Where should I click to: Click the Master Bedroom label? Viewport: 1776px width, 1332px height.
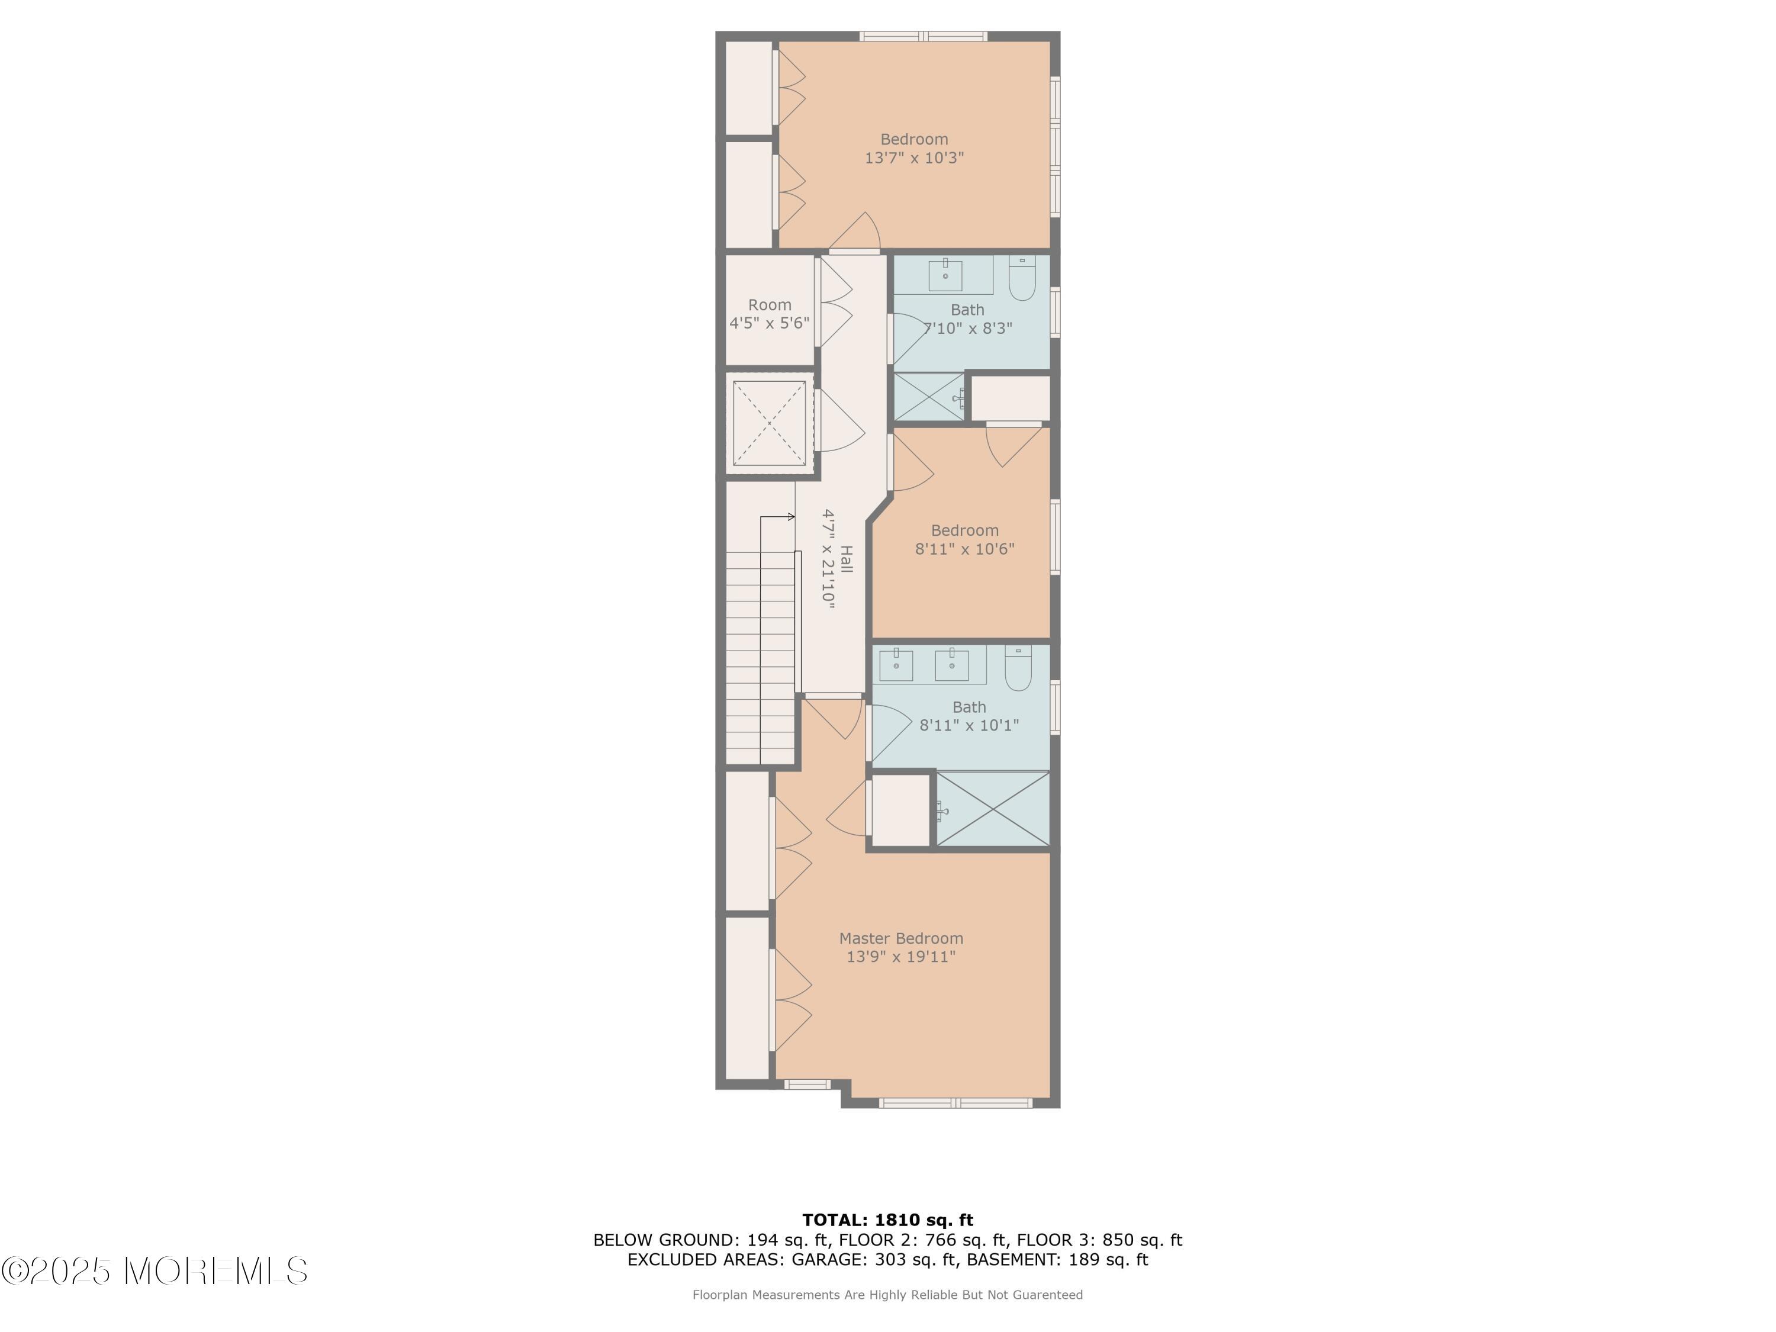901,938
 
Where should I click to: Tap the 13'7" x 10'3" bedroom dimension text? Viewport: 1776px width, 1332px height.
913,158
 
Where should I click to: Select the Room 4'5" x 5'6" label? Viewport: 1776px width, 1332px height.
769,314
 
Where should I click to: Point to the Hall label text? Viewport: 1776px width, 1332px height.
846,559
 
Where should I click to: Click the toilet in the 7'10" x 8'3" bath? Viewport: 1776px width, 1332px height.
1022,279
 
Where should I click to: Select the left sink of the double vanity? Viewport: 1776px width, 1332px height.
896,665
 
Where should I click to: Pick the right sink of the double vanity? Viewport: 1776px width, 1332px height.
951,665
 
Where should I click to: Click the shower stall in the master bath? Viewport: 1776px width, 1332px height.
993,809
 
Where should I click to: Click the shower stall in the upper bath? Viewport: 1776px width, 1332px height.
929,397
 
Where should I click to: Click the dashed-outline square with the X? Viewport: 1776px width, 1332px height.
769,423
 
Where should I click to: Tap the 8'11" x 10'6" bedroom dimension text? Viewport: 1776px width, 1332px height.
964,549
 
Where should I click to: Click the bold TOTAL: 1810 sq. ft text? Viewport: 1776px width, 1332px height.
887,1220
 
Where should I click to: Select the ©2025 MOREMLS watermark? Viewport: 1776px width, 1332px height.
154,1271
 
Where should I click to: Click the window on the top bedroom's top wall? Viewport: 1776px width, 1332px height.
924,36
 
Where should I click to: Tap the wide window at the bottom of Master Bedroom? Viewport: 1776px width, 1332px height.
955,1103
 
